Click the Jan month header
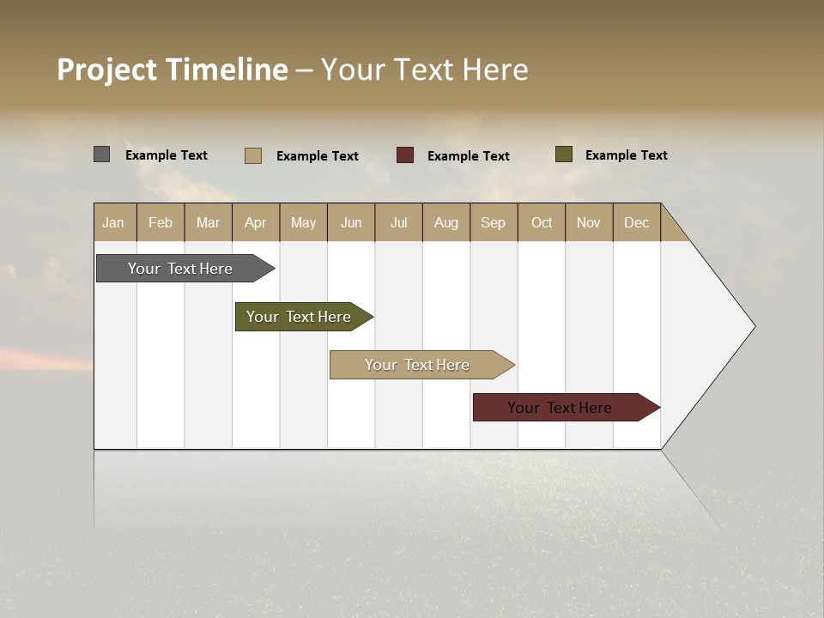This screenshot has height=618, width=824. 114,222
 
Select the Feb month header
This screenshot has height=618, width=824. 161,222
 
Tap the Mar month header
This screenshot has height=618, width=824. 208,222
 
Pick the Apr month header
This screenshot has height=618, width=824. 256,222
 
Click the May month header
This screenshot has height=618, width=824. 303,222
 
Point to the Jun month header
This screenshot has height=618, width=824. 351,222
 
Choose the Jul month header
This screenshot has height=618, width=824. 398,222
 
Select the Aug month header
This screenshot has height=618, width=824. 446,222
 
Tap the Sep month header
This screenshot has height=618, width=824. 494,222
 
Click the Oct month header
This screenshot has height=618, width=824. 542,222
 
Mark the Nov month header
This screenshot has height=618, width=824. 589,222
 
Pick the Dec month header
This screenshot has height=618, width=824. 637,222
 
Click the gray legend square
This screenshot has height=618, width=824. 102,154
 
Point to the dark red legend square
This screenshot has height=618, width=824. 405,155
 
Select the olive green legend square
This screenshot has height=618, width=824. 564,154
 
